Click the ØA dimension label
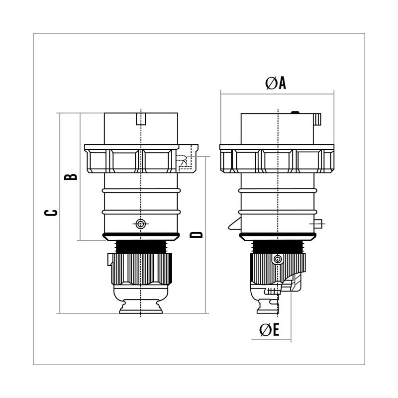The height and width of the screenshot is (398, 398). pos(276,83)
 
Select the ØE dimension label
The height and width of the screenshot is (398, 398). pos(269,330)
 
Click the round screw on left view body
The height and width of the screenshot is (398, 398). pos(141,224)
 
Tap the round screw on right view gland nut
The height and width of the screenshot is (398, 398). pos(278,259)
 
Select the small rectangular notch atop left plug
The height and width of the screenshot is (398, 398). pos(141,119)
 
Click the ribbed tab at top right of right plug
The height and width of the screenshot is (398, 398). pos(317,119)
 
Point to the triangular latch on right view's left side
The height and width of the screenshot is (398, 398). pos(234,224)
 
